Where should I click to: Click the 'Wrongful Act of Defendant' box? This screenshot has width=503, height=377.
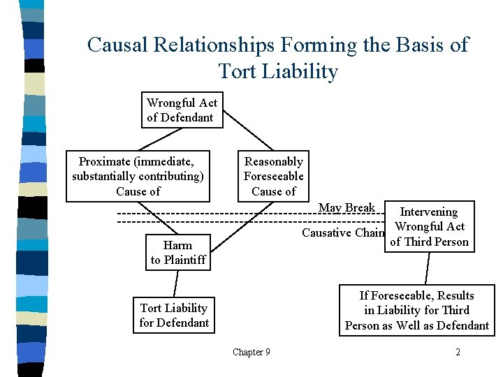point(182,110)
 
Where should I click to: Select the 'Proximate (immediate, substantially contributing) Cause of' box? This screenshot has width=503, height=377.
point(138,176)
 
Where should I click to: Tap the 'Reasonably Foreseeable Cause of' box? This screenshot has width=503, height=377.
point(273,176)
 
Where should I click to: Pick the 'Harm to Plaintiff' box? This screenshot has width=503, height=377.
point(178,252)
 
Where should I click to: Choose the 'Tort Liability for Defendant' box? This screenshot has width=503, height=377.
point(174,315)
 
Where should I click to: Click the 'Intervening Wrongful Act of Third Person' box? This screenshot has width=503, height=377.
point(429,226)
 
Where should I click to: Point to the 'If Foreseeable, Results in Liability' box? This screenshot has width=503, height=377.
point(416,310)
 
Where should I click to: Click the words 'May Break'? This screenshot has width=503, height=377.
point(347,207)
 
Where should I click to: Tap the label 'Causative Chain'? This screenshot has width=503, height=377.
point(342,232)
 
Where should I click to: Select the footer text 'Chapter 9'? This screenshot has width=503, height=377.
point(251,352)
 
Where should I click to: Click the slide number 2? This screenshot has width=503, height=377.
point(458,352)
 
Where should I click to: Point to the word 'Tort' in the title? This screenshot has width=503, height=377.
point(239,71)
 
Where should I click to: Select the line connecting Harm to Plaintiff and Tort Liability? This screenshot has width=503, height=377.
point(175,283)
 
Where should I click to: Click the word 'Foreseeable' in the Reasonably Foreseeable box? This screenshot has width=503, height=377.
point(273,176)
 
